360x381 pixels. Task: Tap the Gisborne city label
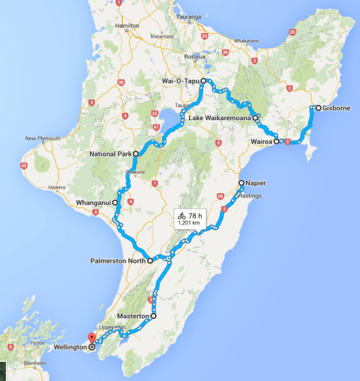[x=336, y=108]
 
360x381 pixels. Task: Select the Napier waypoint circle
[x=241, y=183]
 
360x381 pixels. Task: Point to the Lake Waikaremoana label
[x=220, y=118]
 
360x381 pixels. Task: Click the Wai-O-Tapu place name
[x=180, y=81]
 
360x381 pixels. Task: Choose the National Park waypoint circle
[x=136, y=154]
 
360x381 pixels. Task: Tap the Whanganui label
[x=93, y=203]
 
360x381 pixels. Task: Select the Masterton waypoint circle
[x=154, y=316]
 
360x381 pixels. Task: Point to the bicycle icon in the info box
[x=182, y=216]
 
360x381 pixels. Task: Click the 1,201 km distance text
[x=190, y=223]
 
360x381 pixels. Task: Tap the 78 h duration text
[x=195, y=216]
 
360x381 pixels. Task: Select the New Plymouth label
[x=43, y=139]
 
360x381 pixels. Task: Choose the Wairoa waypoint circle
[x=276, y=142]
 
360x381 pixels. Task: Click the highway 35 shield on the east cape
[x=292, y=32]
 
